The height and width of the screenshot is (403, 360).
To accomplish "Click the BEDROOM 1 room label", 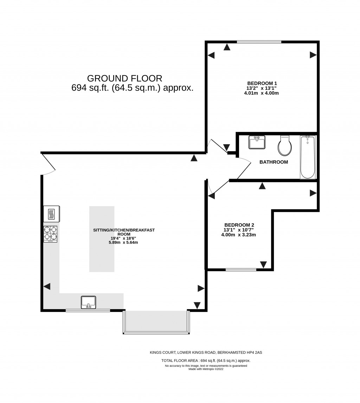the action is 262,83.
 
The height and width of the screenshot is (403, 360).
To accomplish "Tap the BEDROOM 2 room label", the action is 239,225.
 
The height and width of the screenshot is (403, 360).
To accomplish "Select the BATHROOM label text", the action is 274,162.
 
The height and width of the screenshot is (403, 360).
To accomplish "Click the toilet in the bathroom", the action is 285,146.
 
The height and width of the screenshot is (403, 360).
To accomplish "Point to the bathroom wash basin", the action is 257,142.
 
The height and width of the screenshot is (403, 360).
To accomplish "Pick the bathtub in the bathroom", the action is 308,157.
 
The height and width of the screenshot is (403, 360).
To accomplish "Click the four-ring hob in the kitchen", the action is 50,234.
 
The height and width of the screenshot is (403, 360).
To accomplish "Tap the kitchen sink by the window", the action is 88,302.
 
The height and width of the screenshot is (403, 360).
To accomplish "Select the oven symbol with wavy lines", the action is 52,214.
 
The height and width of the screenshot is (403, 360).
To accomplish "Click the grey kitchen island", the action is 102,239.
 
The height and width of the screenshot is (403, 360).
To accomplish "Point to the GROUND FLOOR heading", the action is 124,78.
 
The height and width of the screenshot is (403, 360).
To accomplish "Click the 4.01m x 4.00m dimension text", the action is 261,93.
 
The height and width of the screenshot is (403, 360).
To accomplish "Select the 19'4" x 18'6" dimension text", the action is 123,238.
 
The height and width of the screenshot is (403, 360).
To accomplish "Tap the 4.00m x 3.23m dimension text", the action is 238,235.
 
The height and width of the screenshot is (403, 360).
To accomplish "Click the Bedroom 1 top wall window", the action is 259,42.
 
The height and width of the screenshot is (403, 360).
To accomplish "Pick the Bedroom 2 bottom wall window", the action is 241,270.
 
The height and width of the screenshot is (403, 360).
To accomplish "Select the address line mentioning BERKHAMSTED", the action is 206,352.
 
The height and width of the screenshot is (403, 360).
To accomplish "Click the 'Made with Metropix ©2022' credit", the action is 206,369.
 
